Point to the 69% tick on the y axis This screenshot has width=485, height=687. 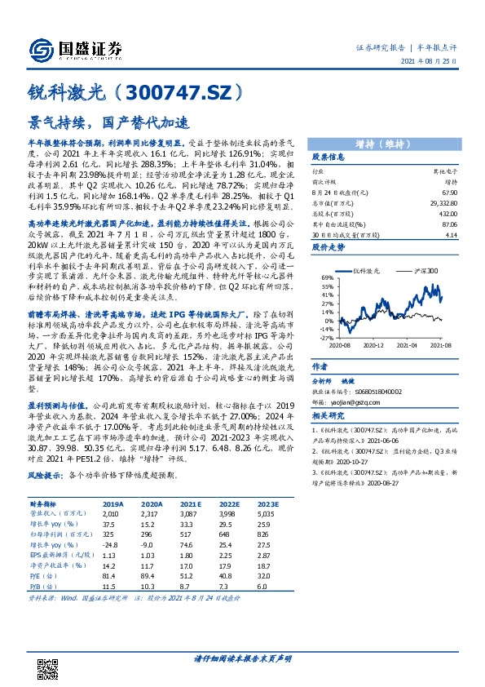click(326, 278)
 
